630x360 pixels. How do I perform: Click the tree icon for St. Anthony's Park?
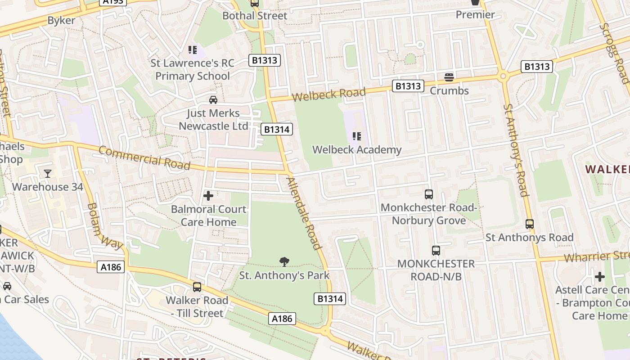coord(284,261)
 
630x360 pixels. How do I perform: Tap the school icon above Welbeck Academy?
coord(357,136)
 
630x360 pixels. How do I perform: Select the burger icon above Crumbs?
coord(449,77)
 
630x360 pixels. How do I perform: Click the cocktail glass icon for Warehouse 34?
coord(47,173)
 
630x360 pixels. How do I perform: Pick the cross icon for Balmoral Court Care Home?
coord(208,196)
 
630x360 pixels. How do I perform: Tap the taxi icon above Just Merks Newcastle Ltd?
coord(213,99)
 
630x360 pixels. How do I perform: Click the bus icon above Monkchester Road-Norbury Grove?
coord(428,194)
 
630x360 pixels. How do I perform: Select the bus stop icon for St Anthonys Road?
coord(530,224)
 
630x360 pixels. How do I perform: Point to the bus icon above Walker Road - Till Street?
coord(197,287)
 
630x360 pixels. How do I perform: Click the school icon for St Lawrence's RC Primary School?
coord(193,50)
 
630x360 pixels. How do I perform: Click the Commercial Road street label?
coord(144,157)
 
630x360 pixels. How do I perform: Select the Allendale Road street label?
coord(305,213)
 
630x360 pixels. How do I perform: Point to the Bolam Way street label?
coord(104,226)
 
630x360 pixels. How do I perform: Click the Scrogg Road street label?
coord(614,53)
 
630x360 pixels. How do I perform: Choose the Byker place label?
coord(61,20)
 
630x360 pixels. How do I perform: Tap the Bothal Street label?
coord(255,16)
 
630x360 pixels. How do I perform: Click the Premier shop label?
coord(475,14)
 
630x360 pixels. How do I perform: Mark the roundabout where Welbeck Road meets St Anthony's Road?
coord(503,76)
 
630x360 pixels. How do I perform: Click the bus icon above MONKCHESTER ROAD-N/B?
coord(436,251)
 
